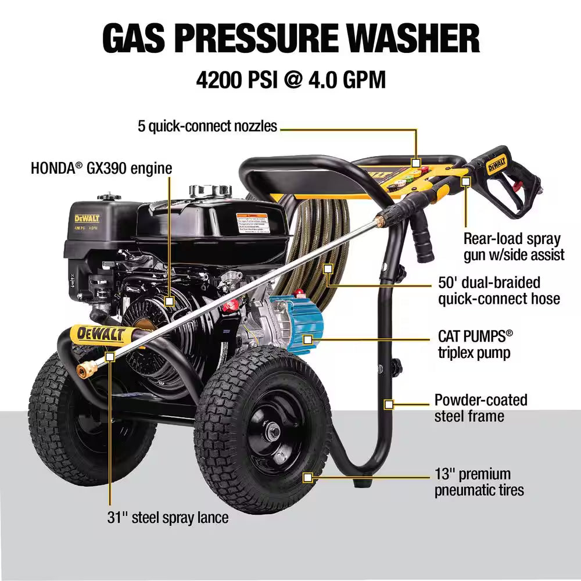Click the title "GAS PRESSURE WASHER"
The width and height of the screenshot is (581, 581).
pyautogui.click(x=290, y=38)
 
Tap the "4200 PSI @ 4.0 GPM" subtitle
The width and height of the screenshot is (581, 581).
pyautogui.click(x=290, y=80)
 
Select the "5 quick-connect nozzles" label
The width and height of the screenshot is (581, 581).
pyautogui.click(x=207, y=125)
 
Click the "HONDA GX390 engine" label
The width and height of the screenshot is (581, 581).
pyautogui.click(x=102, y=168)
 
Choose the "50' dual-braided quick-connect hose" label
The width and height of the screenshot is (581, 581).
pyautogui.click(x=498, y=290)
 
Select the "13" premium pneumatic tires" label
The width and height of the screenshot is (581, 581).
pyautogui.click(x=479, y=482)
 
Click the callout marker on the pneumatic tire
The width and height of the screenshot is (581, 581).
pyautogui.click(x=309, y=478)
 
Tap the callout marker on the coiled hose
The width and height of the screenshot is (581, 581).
pyautogui.click(x=328, y=269)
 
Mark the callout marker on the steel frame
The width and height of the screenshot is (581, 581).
pyautogui.click(x=389, y=403)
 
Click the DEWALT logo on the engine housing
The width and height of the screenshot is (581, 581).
pyautogui.click(x=87, y=218)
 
